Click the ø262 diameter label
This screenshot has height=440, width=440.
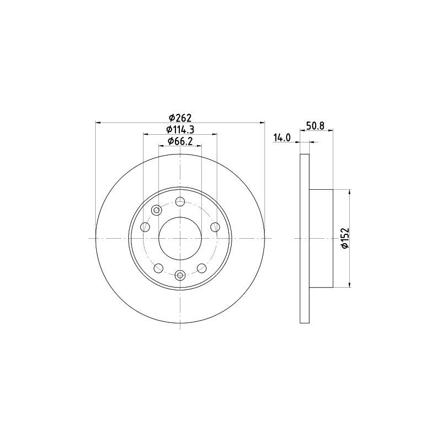click(180, 117)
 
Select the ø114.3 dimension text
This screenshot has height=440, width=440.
click(180, 129)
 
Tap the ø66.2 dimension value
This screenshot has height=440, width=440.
click(180, 141)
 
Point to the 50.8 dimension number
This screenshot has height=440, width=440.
click(316, 126)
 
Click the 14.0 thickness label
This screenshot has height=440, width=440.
click(283, 137)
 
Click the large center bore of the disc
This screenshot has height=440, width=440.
click(180, 239)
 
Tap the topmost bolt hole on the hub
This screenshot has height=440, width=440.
click(180, 201)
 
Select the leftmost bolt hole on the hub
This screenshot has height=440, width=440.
click(145, 227)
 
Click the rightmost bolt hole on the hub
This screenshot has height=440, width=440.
click(215, 227)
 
